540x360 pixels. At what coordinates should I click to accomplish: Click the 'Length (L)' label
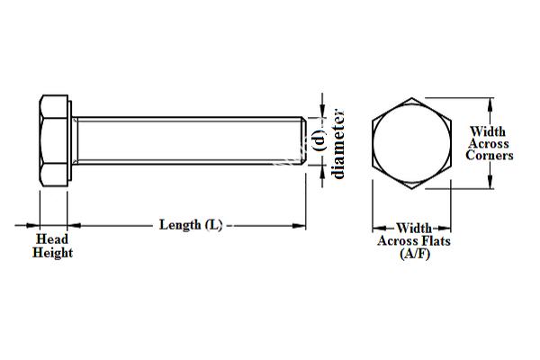pyautogui.click(x=191, y=224)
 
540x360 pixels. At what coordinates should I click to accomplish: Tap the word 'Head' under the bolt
pyautogui.click(x=52, y=239)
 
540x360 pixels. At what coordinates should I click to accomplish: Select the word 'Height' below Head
pyautogui.click(x=52, y=253)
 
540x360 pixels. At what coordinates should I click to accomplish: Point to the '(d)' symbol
pyautogui.click(x=318, y=139)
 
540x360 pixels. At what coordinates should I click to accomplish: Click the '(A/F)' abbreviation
pyautogui.click(x=414, y=255)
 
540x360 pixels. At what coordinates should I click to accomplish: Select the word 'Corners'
pyautogui.click(x=490, y=156)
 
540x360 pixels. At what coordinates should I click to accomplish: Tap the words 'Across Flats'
pyautogui.click(x=414, y=241)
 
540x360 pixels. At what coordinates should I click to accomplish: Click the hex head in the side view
pyautogui.click(x=56, y=140)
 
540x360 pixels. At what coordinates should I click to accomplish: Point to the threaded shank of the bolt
pyautogui.click(x=189, y=140)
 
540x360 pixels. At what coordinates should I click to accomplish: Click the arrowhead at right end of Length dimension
pyautogui.click(x=302, y=225)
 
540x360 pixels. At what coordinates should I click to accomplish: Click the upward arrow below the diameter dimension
pyautogui.click(x=318, y=170)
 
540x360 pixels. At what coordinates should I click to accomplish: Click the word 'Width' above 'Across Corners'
pyautogui.click(x=489, y=131)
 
